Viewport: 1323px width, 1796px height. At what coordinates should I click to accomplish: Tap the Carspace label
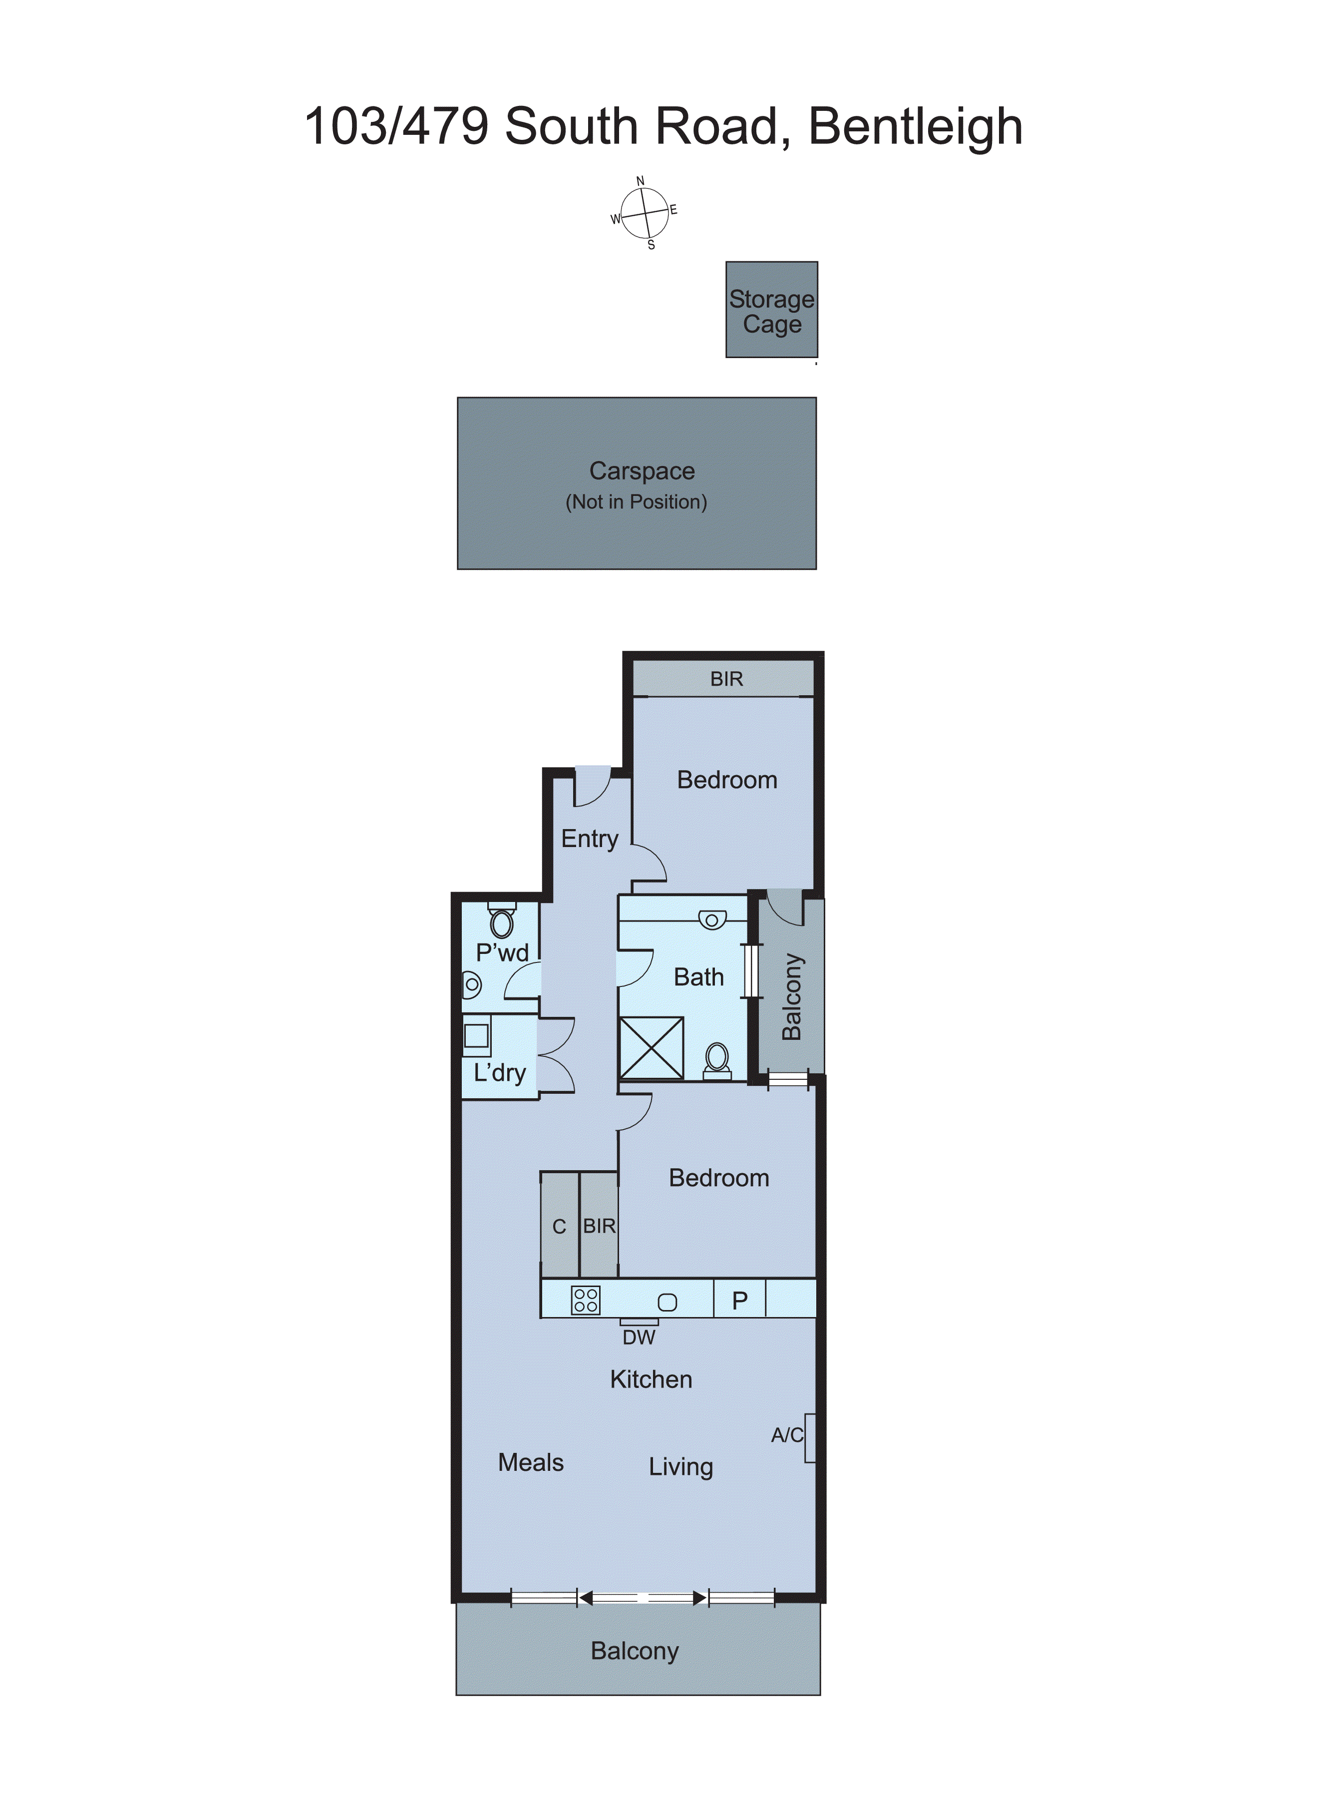pyautogui.click(x=642, y=471)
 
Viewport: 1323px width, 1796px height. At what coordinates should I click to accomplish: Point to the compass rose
pyautogui.click(x=645, y=213)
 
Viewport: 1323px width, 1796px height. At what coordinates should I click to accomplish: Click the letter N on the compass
pyautogui.click(x=640, y=181)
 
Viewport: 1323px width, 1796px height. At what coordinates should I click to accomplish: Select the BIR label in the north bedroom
pyautogui.click(x=726, y=679)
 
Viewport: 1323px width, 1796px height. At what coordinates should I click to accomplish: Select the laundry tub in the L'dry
pyautogui.click(x=476, y=1036)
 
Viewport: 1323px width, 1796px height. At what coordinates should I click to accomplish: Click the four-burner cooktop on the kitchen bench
pyautogui.click(x=586, y=1300)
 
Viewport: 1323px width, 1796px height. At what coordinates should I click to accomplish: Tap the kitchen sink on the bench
pyautogui.click(x=667, y=1303)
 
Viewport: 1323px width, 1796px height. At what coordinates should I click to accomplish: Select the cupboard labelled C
pyautogui.click(x=559, y=1227)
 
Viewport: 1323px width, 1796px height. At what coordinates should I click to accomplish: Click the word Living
pyautogui.click(x=680, y=1467)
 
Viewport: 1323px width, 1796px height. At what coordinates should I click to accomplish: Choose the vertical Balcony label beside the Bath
pyautogui.click(x=791, y=996)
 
